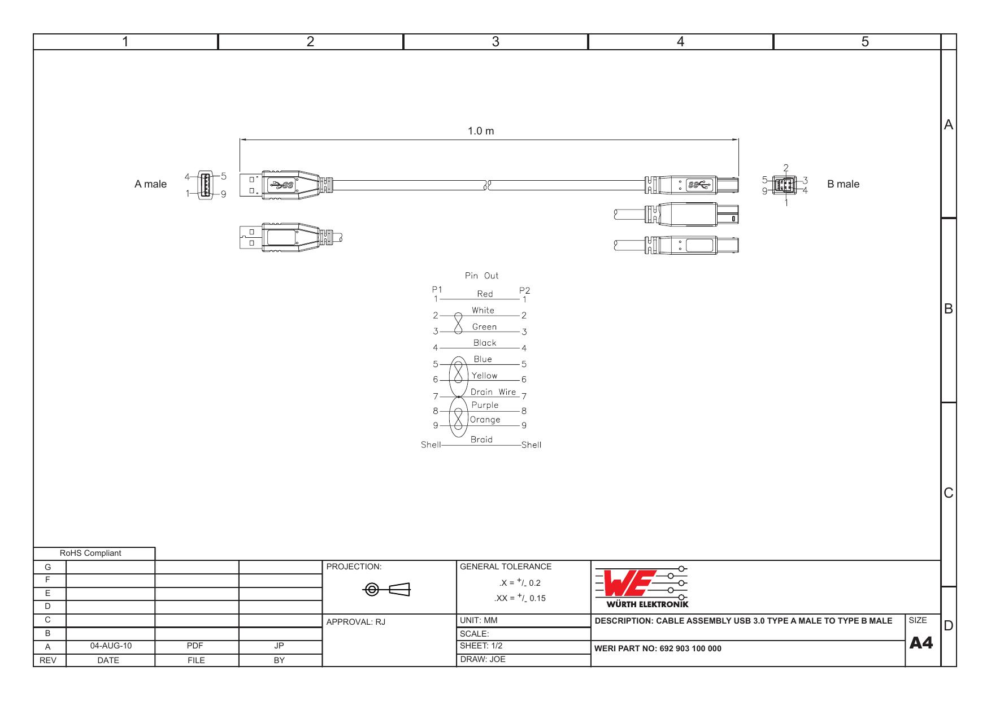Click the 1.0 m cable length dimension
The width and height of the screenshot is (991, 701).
point(480,131)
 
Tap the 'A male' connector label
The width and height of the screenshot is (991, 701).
point(150,184)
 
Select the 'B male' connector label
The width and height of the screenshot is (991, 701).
point(843,184)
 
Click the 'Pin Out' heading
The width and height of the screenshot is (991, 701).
point(481,276)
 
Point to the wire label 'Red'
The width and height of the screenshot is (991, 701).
point(485,294)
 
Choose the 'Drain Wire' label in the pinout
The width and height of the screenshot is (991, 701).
point(493,392)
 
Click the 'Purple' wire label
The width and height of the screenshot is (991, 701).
point(485,405)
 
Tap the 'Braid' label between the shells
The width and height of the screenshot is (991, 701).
point(481,439)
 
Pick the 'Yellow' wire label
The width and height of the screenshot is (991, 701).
point(484,376)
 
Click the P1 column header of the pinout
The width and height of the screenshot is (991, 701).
point(436,290)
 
